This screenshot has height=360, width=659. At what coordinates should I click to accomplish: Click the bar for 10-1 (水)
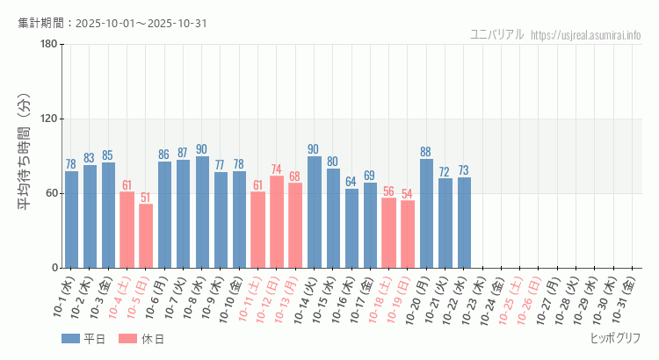coord(71,220)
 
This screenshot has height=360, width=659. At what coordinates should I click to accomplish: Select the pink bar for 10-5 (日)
coord(146,235)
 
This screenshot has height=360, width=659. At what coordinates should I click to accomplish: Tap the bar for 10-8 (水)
coord(202,212)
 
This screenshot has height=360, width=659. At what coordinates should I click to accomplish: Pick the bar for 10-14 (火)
coord(314,212)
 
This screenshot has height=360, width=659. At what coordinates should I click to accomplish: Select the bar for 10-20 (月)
coord(426,213)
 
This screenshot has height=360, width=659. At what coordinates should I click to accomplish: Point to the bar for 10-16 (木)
coord(351,228)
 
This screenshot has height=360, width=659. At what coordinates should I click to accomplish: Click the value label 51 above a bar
coord(146,198)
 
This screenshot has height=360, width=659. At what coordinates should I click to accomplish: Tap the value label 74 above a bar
coord(277,169)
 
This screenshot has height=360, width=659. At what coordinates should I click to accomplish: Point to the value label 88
coord(426,152)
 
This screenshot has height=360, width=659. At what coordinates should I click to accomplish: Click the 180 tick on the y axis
coord(48,45)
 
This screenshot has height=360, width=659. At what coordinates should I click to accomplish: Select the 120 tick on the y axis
coord(48,119)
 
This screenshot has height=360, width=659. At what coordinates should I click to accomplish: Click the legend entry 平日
coord(83,339)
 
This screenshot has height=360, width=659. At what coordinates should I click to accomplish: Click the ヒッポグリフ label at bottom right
coord(615,338)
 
